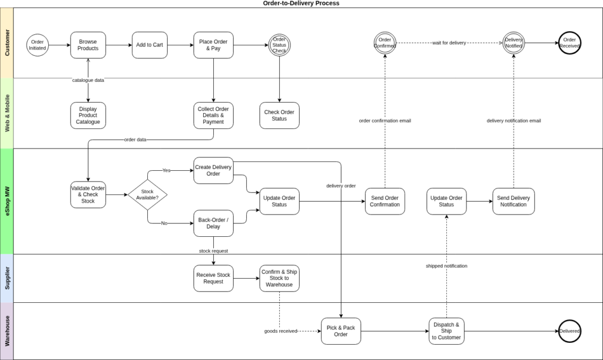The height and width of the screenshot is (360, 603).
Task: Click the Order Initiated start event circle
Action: (x=37, y=45)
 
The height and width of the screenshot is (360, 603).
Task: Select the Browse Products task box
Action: (x=88, y=45)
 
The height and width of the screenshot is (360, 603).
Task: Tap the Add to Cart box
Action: (x=150, y=45)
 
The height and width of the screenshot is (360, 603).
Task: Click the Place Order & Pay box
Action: (x=213, y=45)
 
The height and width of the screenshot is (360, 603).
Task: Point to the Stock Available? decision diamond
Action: (x=147, y=195)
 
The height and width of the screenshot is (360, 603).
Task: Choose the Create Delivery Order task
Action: (x=213, y=170)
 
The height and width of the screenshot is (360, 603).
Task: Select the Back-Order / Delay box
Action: (x=213, y=223)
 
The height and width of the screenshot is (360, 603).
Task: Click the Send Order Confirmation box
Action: (x=385, y=201)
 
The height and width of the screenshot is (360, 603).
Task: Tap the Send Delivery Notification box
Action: (x=513, y=201)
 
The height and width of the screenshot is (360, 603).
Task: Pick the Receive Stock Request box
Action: (x=213, y=278)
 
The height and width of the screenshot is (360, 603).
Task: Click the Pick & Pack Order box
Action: (x=341, y=331)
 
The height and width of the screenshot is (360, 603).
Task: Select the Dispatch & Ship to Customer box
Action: (x=446, y=331)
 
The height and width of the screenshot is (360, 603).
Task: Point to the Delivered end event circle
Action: (x=569, y=331)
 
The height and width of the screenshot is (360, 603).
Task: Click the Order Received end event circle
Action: (x=569, y=43)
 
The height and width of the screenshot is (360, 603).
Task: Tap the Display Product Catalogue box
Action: (x=88, y=115)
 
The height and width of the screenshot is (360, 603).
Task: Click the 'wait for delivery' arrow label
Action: (x=449, y=43)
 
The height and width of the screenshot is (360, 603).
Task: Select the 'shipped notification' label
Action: (x=446, y=266)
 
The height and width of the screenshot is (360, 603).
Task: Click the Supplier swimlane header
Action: (x=6, y=278)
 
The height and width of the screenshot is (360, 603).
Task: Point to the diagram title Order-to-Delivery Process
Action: (x=301, y=4)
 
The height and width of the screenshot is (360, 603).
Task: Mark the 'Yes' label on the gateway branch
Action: (x=166, y=170)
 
